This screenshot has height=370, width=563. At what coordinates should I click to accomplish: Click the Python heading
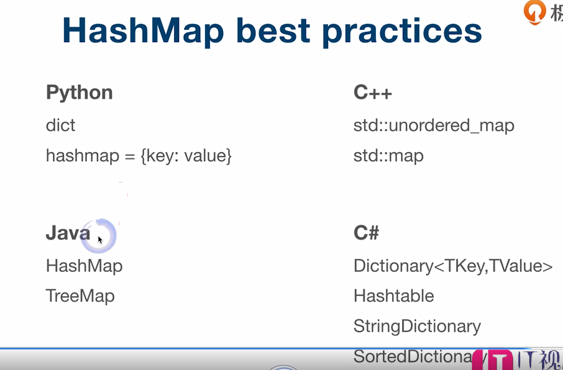point(80,93)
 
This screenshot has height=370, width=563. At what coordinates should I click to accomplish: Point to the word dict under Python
point(60,125)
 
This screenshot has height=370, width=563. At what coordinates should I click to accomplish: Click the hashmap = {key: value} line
point(139,156)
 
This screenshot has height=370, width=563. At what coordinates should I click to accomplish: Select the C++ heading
point(373,93)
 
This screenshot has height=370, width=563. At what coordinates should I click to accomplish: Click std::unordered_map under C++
point(434,126)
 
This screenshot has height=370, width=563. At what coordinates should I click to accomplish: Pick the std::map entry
point(388,156)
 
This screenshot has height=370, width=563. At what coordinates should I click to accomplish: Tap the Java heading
point(68,233)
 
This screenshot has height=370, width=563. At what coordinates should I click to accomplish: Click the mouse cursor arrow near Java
point(100,239)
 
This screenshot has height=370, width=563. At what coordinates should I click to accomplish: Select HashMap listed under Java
point(84,266)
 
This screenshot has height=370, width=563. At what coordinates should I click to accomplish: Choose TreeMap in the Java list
point(80,296)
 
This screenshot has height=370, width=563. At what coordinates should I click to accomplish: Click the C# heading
point(367,233)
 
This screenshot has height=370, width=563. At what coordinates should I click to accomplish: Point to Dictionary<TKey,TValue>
point(453,266)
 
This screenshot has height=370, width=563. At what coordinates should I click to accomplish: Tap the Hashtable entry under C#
point(393,296)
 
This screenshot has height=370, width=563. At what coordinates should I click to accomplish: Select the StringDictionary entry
point(417,327)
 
